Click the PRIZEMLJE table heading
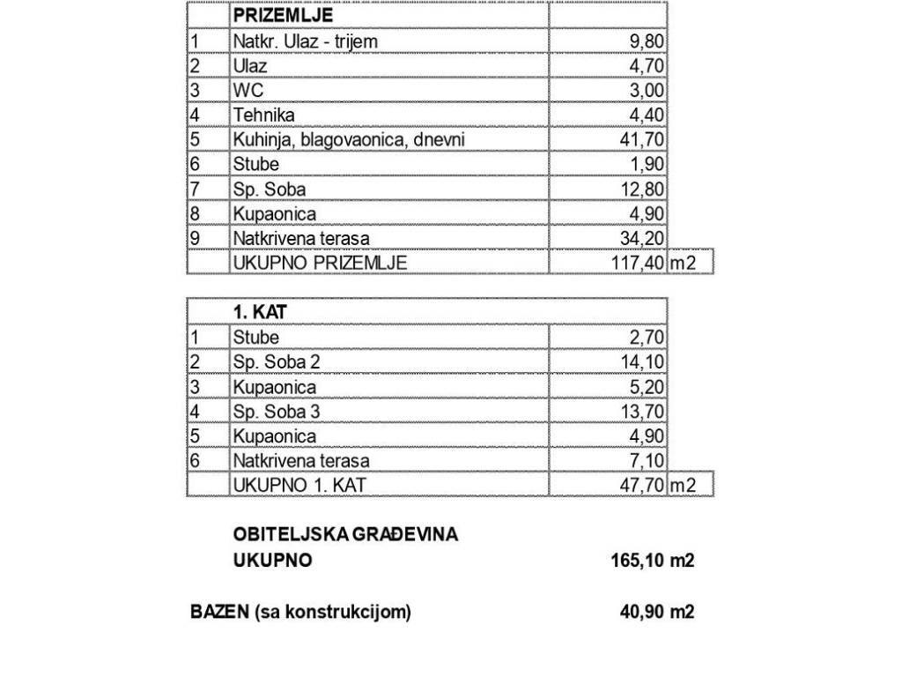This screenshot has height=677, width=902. tap(282, 16)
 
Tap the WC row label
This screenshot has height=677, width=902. tap(248, 90)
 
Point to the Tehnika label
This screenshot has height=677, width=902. tap(264, 115)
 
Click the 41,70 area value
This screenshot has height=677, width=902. tap(642, 139)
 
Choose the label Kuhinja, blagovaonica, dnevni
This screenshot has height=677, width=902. tap(349, 139)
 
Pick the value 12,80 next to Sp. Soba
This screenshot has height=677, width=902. tap(642, 189)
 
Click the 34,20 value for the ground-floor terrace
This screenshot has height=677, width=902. tap(642, 238)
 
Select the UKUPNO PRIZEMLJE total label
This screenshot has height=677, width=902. tap(320, 263)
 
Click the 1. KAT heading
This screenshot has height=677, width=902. tap(260, 312)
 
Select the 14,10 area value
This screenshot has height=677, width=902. tap(642, 361)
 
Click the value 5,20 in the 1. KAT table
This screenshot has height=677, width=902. tap(646, 386)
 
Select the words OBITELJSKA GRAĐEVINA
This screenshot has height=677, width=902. tap(345, 534)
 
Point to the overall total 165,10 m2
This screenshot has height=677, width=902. tap(652, 561)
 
